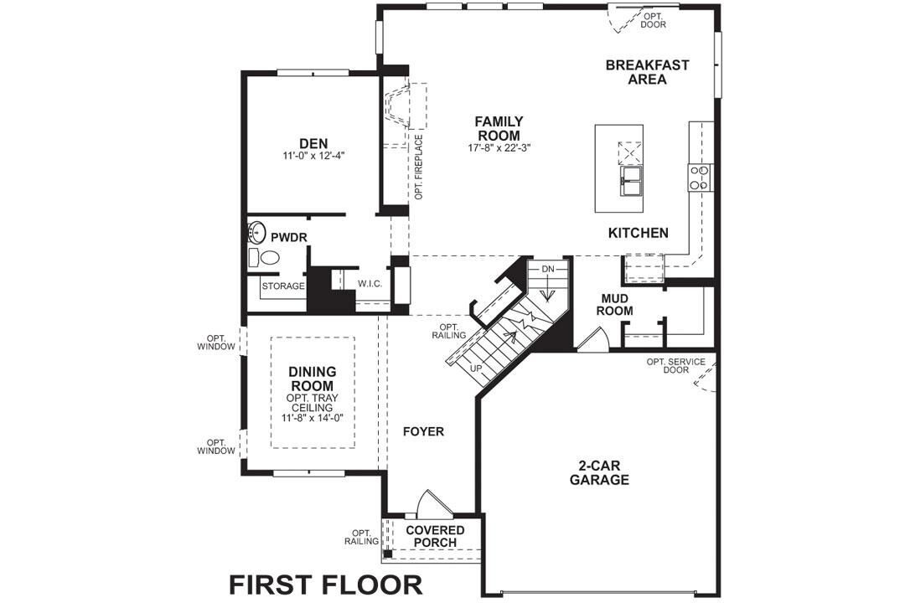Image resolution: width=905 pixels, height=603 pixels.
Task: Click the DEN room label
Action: coord(313,143)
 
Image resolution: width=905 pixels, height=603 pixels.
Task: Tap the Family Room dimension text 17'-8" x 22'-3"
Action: coord(499,148)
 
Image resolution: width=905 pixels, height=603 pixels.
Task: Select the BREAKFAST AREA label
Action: coord(647,72)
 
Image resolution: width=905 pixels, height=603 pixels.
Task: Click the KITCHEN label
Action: coord(639,233)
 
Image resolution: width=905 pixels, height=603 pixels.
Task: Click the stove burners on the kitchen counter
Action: coord(699,176)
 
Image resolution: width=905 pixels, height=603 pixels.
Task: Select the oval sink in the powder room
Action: coord(257,231)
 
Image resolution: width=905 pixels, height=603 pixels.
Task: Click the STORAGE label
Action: coord(283,286)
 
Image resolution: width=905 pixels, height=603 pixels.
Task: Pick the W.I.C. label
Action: coord(370,284)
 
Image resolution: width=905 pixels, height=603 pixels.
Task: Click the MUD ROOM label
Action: coord(616,304)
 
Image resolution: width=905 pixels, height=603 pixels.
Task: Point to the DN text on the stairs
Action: coord(547,269)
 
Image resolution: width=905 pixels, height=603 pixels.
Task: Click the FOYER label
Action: coord(422,432)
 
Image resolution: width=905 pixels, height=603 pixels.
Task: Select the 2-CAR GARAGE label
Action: coord(599,473)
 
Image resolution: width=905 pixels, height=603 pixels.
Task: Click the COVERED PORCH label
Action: coord(435,536)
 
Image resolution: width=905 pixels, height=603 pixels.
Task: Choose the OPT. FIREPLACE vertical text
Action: coord(418,167)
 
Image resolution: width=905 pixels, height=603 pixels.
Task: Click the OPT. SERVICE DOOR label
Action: coord(675,367)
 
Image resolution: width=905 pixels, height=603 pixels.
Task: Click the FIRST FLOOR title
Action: coord(326,583)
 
